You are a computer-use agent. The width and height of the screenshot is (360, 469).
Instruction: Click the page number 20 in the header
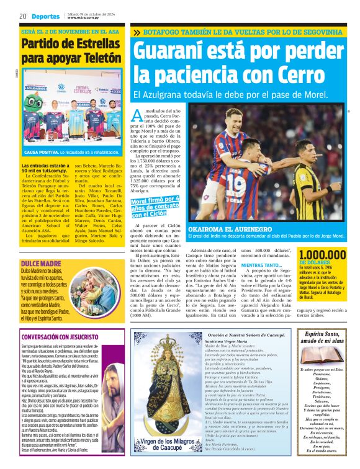point(22,16)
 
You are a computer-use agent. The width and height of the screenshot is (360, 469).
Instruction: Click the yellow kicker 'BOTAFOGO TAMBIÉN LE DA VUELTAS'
point(242,32)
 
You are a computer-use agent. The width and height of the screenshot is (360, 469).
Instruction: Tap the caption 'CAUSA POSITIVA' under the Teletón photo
point(41,152)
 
